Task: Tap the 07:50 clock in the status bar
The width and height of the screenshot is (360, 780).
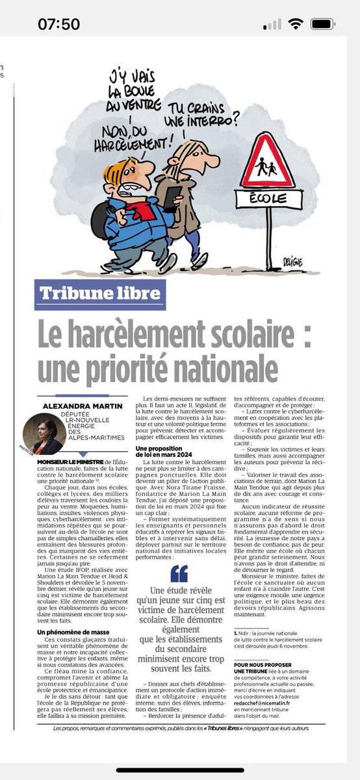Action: click(58, 24)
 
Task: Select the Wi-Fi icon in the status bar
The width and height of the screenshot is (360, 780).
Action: click(297, 24)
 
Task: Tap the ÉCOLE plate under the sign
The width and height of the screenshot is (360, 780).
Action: click(268, 198)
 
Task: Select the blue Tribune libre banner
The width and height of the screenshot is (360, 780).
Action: click(99, 294)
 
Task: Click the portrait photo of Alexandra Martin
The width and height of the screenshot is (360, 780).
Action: click(44, 436)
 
